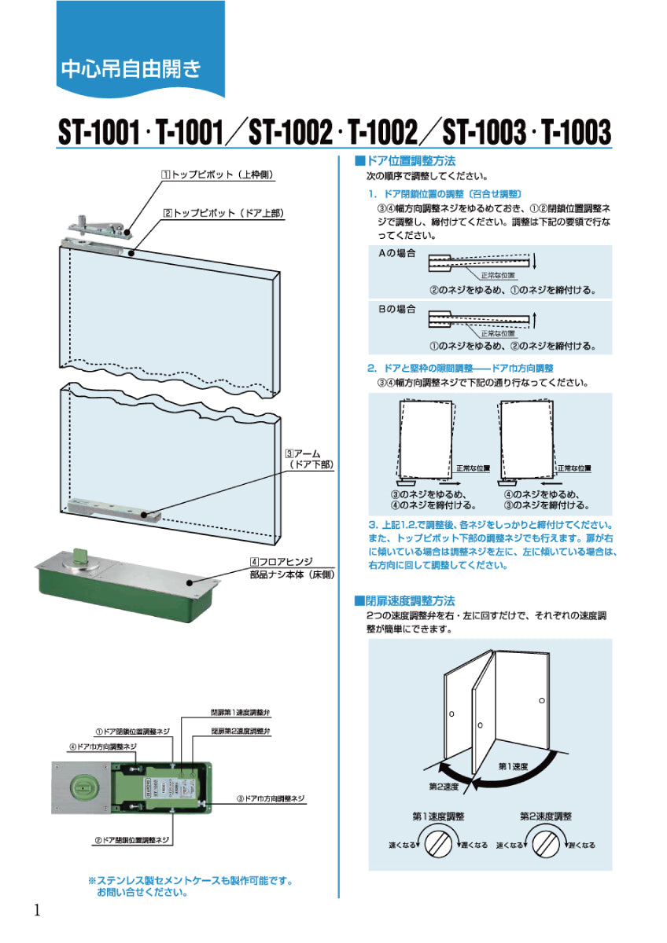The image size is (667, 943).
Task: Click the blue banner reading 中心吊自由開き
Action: [x=130, y=69]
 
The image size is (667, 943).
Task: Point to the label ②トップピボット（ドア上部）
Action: [x=223, y=213]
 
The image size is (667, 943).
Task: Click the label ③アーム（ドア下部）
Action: [x=310, y=459]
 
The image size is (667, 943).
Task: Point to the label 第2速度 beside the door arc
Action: [x=444, y=786]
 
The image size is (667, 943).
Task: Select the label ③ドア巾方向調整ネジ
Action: [x=271, y=798]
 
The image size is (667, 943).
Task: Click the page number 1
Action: [x=37, y=910]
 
